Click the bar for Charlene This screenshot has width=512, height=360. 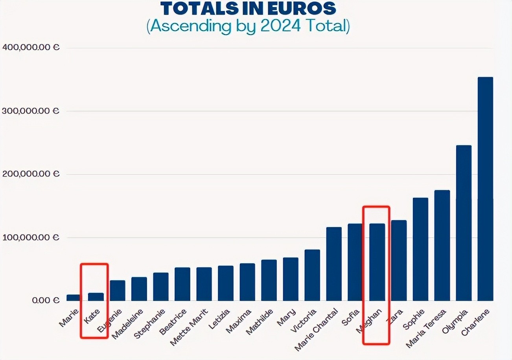pos(485,189)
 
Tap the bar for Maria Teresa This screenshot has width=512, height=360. pos(442,245)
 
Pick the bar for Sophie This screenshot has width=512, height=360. pos(420,249)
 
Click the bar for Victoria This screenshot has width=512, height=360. pos(312,275)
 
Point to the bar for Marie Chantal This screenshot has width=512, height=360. pos(334,264)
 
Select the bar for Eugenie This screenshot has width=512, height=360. pos(118,290)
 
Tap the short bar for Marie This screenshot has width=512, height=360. pos(73,298)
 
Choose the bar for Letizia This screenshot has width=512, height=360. pos(226,283)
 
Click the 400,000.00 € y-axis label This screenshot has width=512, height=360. pos(30,48)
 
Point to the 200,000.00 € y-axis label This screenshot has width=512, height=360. pos(30,174)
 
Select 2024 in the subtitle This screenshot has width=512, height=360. pos(283,26)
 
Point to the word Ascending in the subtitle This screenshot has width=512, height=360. pos(188,26)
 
